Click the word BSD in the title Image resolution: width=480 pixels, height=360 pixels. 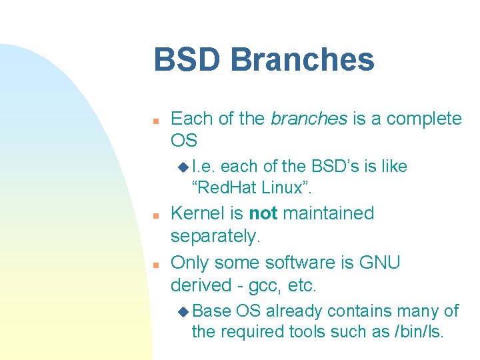185,59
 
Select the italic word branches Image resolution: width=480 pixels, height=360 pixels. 309,119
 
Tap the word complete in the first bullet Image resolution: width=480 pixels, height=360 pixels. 424,119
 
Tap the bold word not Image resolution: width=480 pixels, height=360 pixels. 263,213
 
